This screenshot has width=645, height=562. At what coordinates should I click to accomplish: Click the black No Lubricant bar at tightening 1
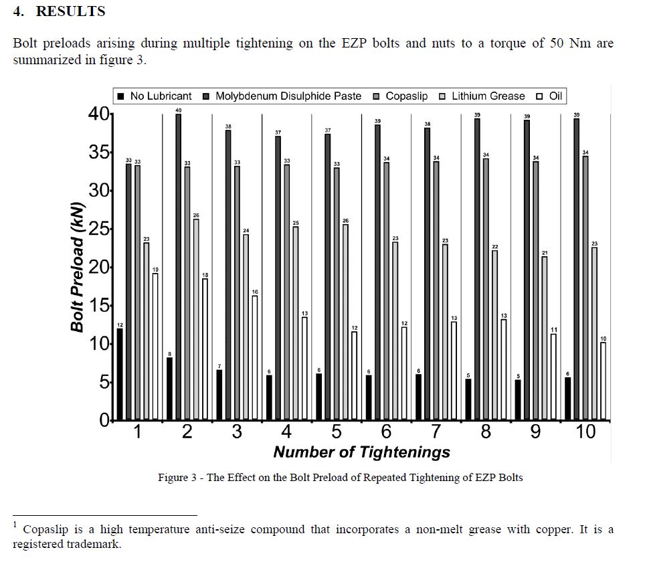point(120,374)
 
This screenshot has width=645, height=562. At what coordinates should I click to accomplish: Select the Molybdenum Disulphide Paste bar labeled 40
point(178,267)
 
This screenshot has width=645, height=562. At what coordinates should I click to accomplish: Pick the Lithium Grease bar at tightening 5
point(345,322)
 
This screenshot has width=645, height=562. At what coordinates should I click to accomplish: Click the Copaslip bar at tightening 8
point(486,289)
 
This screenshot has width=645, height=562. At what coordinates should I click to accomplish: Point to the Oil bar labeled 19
point(155,347)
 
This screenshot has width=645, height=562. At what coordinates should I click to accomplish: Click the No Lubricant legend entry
point(155,96)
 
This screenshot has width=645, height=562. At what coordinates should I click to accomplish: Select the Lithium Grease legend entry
point(482,96)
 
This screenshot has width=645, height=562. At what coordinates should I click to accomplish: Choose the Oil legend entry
point(549,96)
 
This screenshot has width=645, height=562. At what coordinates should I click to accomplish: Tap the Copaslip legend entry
point(400,96)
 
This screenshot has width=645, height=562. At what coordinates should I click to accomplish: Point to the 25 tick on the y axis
point(99,229)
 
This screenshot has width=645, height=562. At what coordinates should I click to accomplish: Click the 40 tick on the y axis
point(99,114)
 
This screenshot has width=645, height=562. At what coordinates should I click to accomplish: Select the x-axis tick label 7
point(436,431)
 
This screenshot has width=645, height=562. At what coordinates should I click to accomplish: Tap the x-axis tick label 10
point(585,431)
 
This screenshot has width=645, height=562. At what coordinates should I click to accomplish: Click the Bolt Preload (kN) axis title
point(77,267)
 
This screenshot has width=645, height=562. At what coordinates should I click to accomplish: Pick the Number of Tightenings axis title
point(361,452)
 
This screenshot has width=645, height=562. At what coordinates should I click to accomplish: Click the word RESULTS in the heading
point(71,11)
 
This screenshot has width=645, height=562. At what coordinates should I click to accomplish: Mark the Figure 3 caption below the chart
point(340,478)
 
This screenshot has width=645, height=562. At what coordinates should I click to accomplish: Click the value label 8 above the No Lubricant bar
point(169,354)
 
